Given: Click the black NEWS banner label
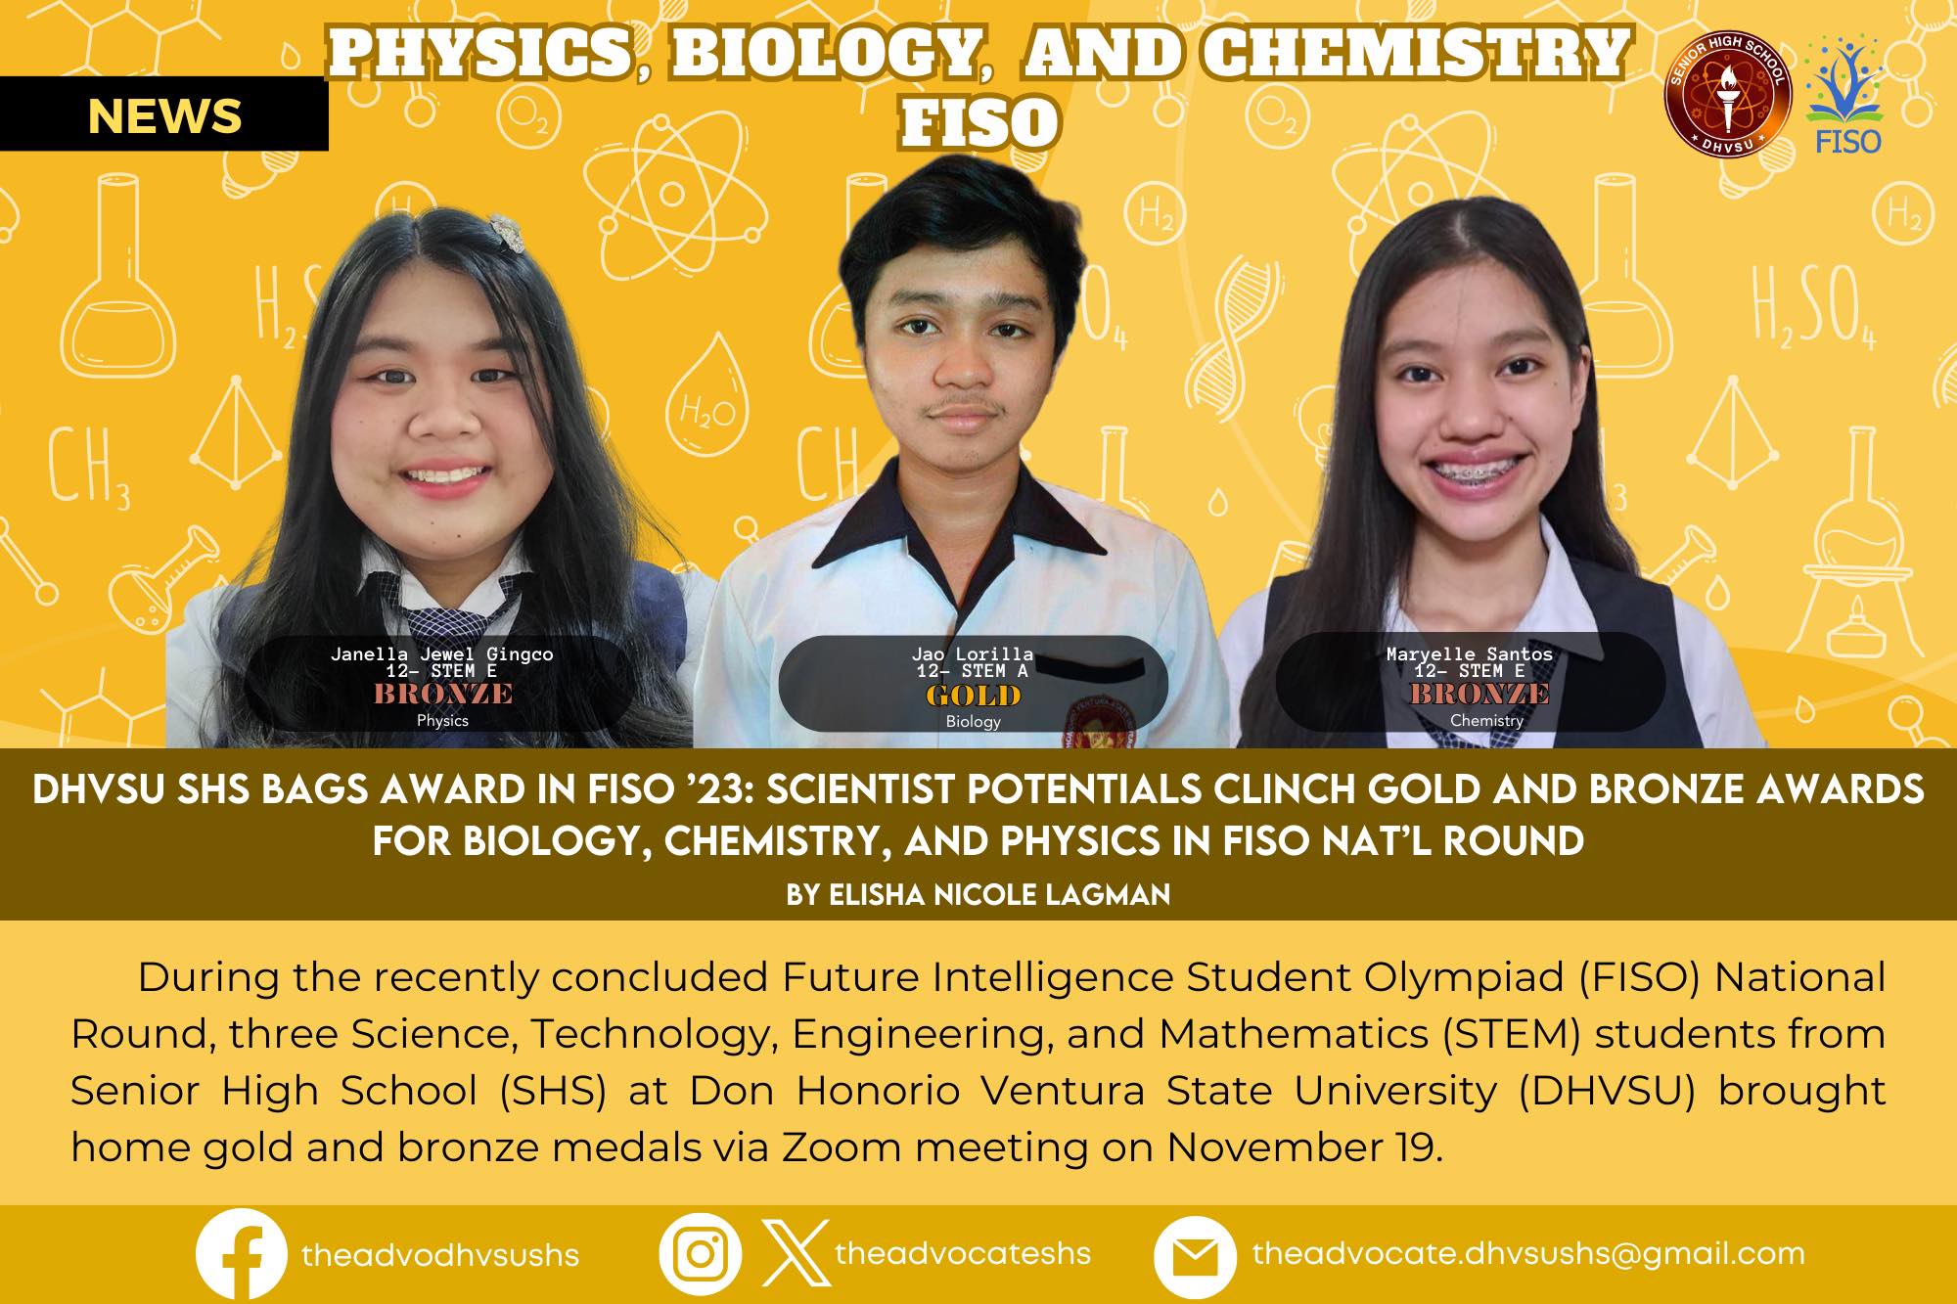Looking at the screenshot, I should (x=164, y=116).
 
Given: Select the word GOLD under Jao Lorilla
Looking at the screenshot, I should (x=974, y=697).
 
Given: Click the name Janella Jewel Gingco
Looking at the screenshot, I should (x=442, y=654).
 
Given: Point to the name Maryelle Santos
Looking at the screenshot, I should (x=1470, y=653).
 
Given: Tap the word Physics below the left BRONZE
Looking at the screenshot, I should (x=442, y=721).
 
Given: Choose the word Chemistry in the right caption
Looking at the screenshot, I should (x=1486, y=721).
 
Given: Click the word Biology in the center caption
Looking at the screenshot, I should (x=974, y=722).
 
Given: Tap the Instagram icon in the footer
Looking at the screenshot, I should (x=700, y=1255).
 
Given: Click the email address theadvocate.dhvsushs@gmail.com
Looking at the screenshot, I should (x=1528, y=1253).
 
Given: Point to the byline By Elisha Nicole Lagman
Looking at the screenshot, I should (x=978, y=895).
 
